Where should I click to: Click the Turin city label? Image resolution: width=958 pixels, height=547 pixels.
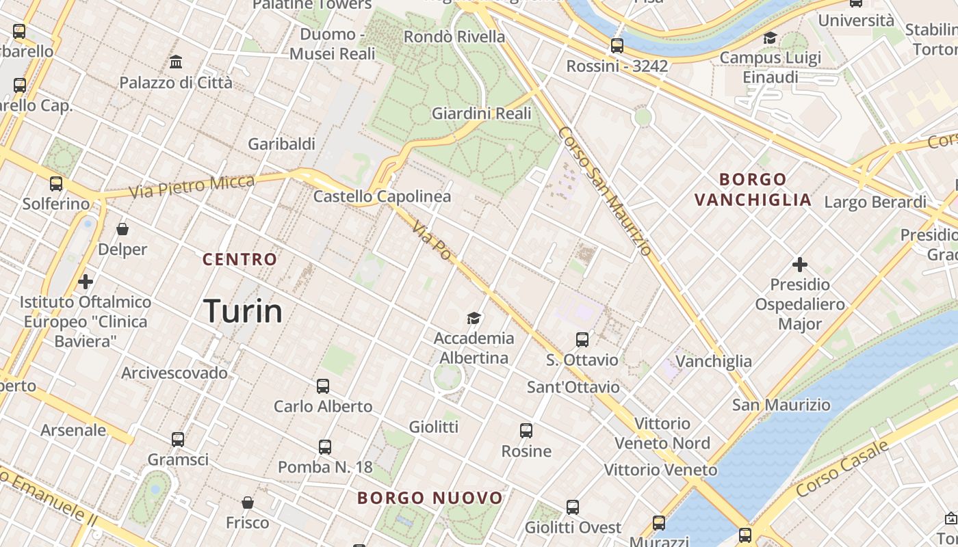point(243,312)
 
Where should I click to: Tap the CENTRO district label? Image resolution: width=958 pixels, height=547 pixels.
point(239,260)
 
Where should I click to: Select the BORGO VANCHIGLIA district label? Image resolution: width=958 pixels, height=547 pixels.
point(753,190)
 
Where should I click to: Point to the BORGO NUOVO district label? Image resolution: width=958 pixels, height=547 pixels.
point(430,498)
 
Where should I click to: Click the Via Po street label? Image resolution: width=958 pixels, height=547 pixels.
point(432,239)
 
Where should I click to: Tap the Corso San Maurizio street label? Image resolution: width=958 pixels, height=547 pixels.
point(605,191)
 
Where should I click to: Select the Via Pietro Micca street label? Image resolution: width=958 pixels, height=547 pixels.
point(192,187)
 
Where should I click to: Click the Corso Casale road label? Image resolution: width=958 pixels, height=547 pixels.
point(842,469)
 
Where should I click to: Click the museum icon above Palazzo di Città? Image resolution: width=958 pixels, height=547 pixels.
point(176,62)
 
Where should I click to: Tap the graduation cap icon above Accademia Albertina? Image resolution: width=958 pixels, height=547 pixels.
point(474,318)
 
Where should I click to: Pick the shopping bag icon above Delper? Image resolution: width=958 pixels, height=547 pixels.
point(122,229)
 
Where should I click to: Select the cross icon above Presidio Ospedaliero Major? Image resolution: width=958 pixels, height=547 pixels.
point(799,264)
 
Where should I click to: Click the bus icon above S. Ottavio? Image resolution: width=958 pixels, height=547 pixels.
point(582,340)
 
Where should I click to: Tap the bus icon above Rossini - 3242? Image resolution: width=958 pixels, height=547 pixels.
point(617,46)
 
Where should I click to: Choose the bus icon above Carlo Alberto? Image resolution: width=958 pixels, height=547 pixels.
point(323,386)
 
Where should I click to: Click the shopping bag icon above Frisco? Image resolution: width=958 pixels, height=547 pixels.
point(248,503)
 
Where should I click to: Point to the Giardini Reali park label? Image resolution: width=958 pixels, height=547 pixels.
point(481,114)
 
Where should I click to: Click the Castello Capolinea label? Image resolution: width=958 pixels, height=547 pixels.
point(382,197)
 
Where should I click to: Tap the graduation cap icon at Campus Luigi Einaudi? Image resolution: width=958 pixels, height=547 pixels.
point(771,38)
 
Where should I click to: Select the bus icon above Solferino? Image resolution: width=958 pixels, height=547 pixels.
point(56,184)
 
